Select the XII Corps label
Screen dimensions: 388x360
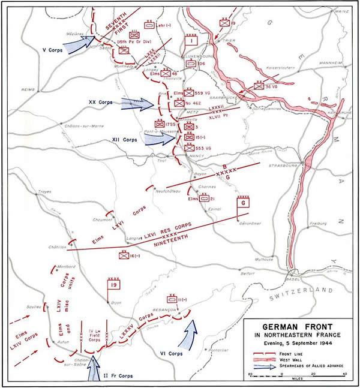coord(124,140)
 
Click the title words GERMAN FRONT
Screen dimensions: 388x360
coord(298,328)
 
